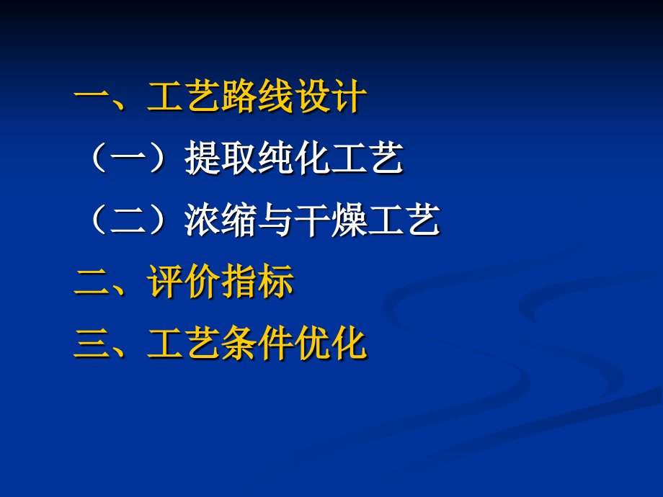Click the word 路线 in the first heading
coord(256,98)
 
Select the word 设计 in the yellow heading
coord(330,98)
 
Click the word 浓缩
coord(221,220)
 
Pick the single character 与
coord(275,220)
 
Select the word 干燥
coord(330,220)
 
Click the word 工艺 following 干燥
coord(404,220)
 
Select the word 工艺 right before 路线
coord(183,98)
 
